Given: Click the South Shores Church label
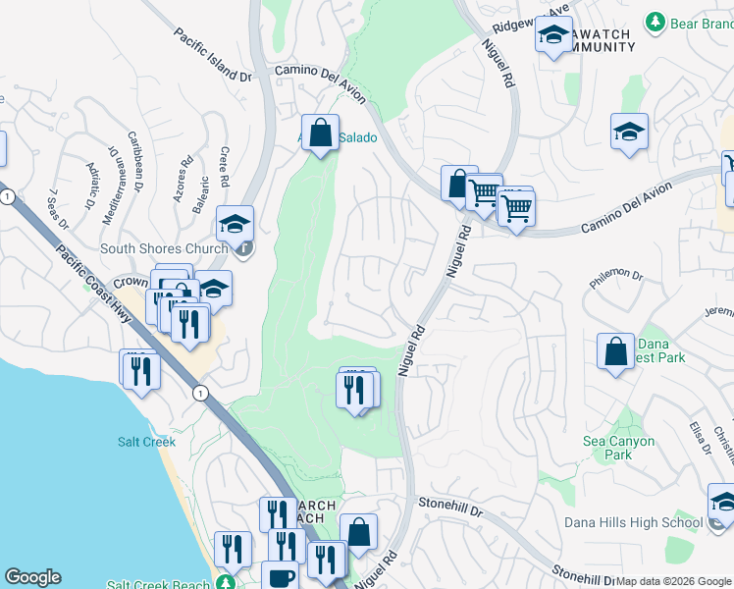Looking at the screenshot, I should click(x=165, y=247).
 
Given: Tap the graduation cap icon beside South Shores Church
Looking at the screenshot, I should click(x=236, y=224).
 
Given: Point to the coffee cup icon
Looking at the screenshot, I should click(x=280, y=577).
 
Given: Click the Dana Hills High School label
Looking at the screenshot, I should click(x=633, y=522).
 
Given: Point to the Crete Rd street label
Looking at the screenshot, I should click(x=224, y=167).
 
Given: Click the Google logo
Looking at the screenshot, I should click(x=32, y=577).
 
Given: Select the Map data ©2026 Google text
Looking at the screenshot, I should click(x=673, y=581).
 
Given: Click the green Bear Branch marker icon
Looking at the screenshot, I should click(x=655, y=21).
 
